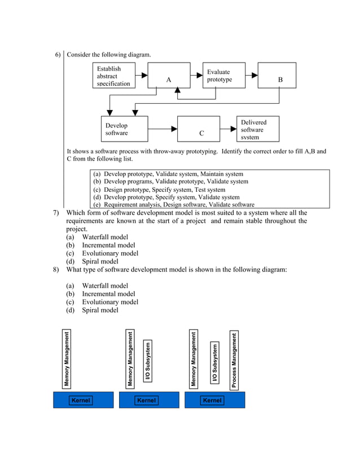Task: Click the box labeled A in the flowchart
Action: (169, 76)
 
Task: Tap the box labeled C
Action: (201, 129)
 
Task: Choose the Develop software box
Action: (124, 129)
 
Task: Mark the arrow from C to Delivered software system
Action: (231, 129)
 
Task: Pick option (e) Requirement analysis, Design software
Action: (174, 205)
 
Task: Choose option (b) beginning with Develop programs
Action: (170, 182)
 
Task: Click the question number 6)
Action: (58, 55)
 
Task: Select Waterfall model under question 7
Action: (105, 238)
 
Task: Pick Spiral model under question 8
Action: (100, 310)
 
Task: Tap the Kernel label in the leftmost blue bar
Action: (81, 401)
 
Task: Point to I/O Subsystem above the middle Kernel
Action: (148, 361)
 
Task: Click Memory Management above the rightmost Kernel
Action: (194, 360)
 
